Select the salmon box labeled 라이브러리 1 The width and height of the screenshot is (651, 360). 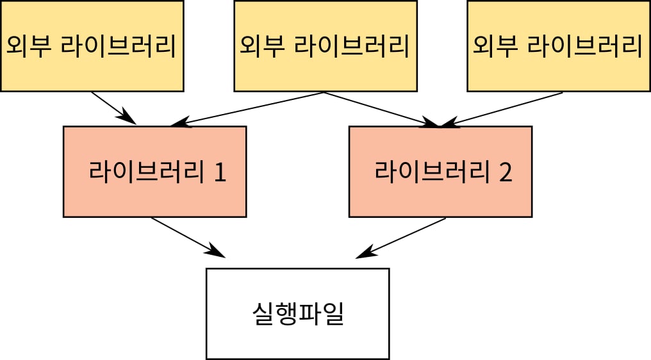[154, 172]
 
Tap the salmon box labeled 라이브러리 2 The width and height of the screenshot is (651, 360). [440, 172]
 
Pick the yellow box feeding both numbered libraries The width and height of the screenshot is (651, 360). [324, 45]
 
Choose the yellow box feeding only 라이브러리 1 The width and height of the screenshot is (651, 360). [91, 45]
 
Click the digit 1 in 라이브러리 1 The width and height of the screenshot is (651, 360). [220, 172]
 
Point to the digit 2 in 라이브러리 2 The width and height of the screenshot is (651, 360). [506, 172]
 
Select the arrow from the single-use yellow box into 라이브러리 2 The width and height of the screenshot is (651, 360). [506, 108]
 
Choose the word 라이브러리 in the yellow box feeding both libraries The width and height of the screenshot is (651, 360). [351, 45]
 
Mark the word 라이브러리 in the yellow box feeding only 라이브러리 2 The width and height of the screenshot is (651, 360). [584, 45]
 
